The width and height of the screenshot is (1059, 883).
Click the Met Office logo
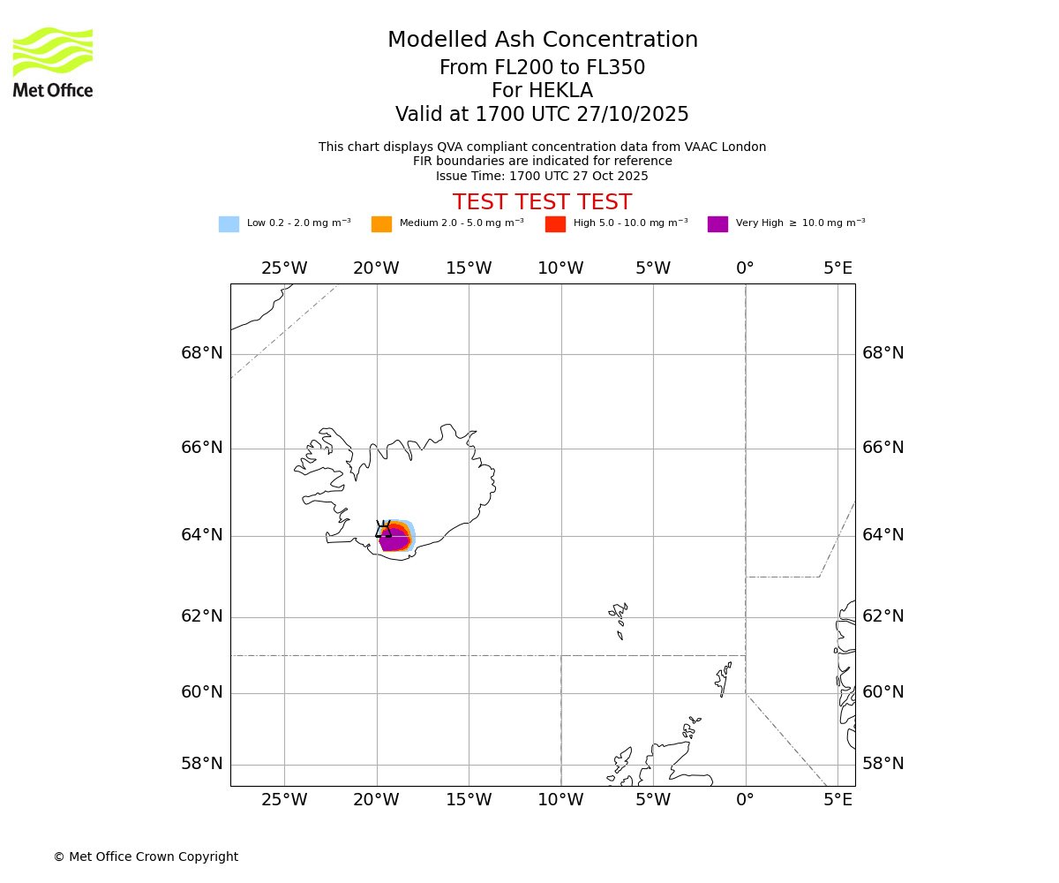(53, 62)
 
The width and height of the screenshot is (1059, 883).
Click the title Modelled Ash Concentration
(542, 41)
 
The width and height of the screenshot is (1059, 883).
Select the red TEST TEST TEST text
(542, 203)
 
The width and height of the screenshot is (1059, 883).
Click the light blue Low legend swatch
(229, 224)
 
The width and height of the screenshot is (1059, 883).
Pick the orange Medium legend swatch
(381, 224)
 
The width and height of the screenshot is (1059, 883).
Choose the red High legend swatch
(555, 224)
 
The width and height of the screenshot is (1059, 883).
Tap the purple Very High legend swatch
(717, 224)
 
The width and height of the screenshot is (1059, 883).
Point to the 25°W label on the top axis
(284, 268)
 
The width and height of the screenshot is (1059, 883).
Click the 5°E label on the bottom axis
(837, 800)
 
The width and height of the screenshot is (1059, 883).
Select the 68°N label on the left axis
(202, 353)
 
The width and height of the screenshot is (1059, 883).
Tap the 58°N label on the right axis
(882, 764)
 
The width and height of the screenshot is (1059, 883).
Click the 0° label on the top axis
(745, 268)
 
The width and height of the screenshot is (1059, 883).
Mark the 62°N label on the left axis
(202, 616)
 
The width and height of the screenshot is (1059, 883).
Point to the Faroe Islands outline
(619, 617)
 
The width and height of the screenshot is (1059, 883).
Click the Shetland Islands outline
(724, 679)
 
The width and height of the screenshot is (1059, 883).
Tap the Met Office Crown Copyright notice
(146, 857)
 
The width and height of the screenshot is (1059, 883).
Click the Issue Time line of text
(542, 176)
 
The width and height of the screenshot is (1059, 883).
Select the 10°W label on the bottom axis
(560, 800)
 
